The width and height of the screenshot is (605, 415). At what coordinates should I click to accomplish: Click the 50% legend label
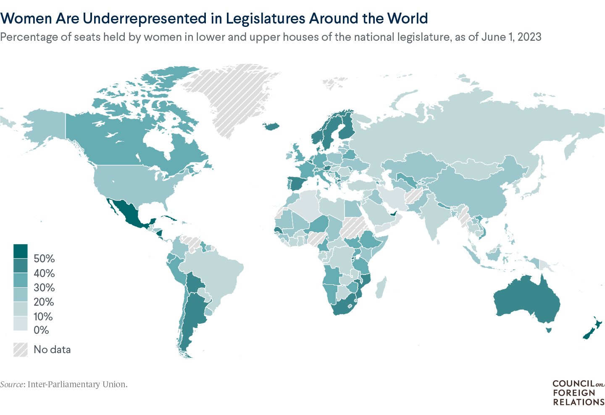tap(44, 259)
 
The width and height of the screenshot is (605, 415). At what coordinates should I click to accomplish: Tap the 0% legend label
tap(41, 330)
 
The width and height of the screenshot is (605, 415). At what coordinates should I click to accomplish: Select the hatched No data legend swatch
tap(20, 349)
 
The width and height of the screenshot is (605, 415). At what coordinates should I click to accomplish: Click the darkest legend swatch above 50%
tap(20, 251)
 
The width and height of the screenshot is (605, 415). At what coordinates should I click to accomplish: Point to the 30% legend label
tap(44, 288)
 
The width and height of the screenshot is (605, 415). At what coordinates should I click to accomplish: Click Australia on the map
tap(525, 301)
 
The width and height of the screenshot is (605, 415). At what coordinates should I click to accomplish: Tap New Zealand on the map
tap(592, 330)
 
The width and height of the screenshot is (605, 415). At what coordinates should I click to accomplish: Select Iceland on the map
tap(272, 126)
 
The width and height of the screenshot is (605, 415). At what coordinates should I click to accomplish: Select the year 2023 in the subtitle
tap(529, 37)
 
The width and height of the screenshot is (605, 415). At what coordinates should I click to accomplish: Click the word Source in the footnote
tap(12, 384)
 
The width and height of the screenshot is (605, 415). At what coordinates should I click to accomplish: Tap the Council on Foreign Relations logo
tap(578, 393)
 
